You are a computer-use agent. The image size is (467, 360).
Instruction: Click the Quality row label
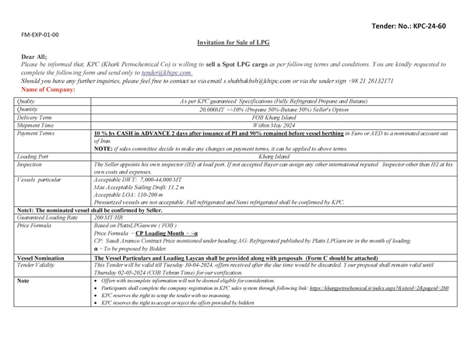pyautogui.click(x=26, y=101)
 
